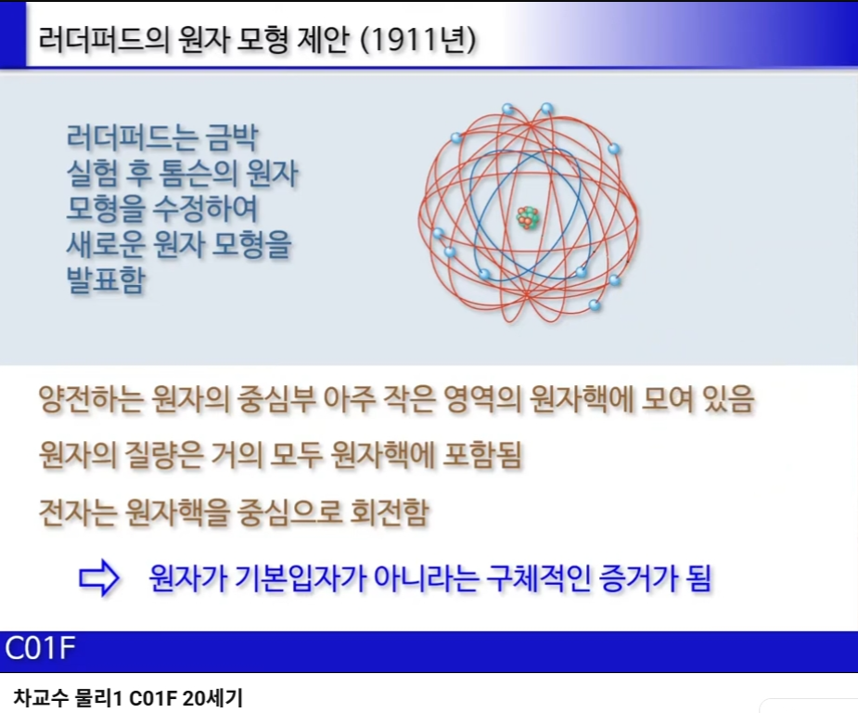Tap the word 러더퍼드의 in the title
(x=104, y=39)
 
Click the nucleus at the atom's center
(x=528, y=217)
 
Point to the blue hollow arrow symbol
(x=99, y=578)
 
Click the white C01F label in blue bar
(x=40, y=648)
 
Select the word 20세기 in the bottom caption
(x=212, y=699)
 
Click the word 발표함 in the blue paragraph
(x=106, y=279)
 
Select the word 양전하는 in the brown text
(x=91, y=399)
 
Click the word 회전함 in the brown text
(x=389, y=512)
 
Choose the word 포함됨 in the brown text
(x=481, y=456)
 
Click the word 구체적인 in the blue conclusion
(x=538, y=578)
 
